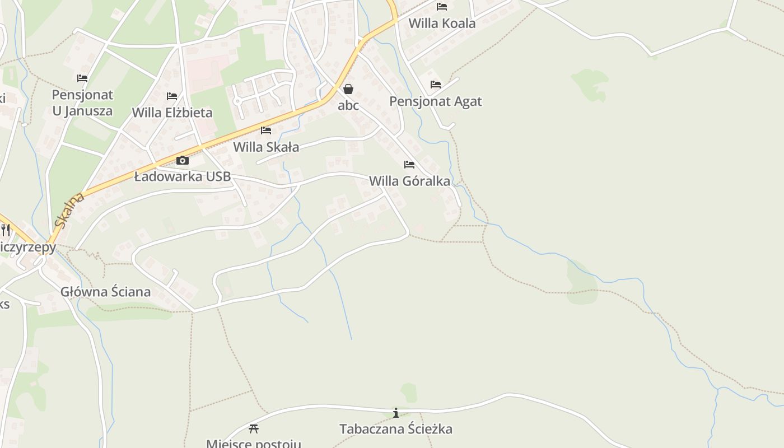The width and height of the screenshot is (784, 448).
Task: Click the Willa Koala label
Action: (x=442, y=24)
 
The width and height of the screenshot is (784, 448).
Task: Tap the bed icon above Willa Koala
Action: (x=442, y=7)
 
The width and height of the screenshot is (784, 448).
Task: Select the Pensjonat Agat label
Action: (x=435, y=101)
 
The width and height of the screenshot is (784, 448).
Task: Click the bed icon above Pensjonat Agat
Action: (x=436, y=85)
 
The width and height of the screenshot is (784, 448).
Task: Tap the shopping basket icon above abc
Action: (x=348, y=89)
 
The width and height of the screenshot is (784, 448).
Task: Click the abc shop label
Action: (x=348, y=105)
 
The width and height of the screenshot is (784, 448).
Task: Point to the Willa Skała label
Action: (x=266, y=147)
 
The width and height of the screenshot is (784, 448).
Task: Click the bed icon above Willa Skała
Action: (x=266, y=130)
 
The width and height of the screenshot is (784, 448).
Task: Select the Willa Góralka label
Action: (x=409, y=181)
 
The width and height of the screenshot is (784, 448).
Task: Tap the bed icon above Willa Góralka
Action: (x=409, y=165)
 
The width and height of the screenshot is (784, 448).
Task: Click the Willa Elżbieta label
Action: (x=172, y=113)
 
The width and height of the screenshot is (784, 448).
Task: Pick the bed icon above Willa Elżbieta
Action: (x=172, y=96)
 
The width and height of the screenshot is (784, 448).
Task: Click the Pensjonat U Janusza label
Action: (x=82, y=102)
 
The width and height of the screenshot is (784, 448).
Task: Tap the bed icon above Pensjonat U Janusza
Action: (x=82, y=78)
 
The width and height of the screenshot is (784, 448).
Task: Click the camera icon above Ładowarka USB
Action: (x=182, y=161)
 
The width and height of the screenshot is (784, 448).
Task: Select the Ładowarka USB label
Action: (x=182, y=177)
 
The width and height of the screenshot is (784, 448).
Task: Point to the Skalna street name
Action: (x=69, y=210)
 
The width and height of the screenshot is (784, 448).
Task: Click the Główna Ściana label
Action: (x=105, y=292)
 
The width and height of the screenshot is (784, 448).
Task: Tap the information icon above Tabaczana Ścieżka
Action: (x=396, y=413)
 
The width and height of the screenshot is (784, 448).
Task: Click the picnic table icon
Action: (x=254, y=429)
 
